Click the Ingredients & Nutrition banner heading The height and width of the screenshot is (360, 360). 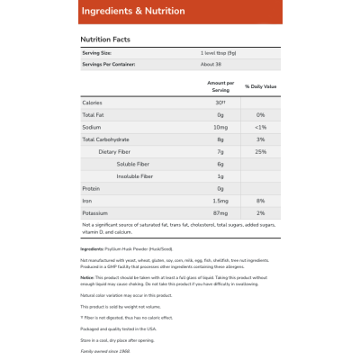pos(132,11)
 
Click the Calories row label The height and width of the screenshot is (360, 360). pos(93,103)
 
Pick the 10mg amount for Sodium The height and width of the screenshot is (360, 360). pos(220,128)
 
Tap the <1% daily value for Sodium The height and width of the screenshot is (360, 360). pos(259,128)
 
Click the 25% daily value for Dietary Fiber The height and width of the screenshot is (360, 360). pos(259,151)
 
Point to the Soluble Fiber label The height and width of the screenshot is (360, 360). pos(133,163)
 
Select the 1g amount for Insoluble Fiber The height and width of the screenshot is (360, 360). pos(220,175)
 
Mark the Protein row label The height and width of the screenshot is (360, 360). pos(92,188)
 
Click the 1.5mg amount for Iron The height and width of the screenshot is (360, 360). pos(220,200)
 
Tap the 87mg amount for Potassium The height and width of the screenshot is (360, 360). pos(220,211)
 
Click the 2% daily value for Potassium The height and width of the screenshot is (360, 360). pos(259,211)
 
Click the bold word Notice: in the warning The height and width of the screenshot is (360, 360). pos(87,277)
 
